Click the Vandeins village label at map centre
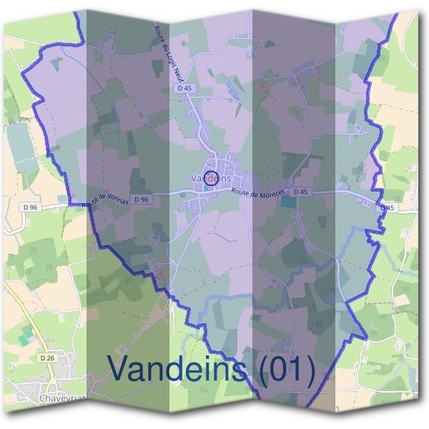click(212, 175)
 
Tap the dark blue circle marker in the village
click(211, 179)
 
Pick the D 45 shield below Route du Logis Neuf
click(184, 88)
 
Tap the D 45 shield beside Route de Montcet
click(300, 192)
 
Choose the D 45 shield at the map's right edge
click(387, 207)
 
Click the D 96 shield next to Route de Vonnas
click(141, 199)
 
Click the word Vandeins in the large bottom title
click(179, 369)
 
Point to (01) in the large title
click(285, 369)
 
